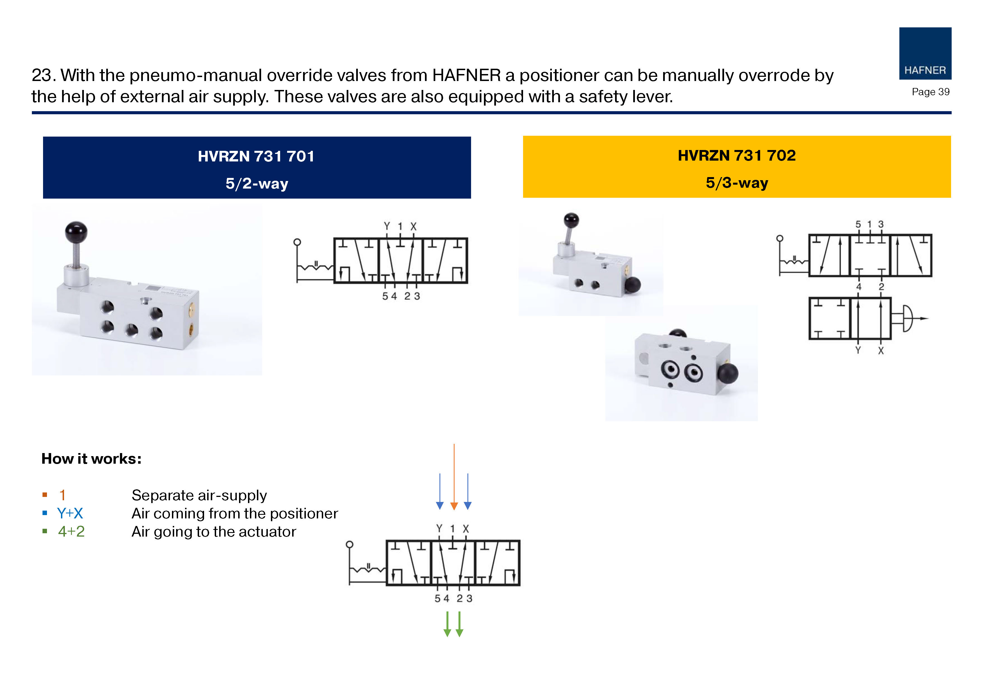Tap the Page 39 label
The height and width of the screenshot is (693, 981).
click(930, 92)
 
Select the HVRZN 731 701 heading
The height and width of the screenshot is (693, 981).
click(256, 156)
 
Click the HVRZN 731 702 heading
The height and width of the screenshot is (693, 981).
click(737, 155)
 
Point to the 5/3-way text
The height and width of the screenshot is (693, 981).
click(737, 183)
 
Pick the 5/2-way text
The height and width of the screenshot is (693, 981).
click(257, 184)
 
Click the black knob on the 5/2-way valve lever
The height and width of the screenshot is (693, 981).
click(76, 232)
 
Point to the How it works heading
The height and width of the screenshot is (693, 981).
click(91, 459)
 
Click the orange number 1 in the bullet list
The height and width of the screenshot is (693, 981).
click(62, 495)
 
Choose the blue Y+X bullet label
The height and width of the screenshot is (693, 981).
click(70, 513)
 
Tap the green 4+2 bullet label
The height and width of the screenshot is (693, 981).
click(71, 532)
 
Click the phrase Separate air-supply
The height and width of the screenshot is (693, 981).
click(199, 495)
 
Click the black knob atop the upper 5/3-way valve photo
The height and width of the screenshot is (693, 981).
click(571, 220)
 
